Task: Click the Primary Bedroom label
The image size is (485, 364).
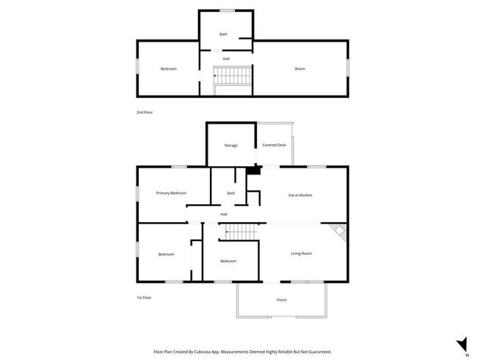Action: (171, 193)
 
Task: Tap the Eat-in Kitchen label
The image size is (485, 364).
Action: (300, 195)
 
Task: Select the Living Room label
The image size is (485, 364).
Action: (302, 253)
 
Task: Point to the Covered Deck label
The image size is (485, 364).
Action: (274, 145)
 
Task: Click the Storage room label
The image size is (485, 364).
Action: (230, 145)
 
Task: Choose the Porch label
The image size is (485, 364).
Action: (281, 300)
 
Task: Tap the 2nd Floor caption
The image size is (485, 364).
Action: (145, 112)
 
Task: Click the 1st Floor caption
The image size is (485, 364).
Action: (144, 297)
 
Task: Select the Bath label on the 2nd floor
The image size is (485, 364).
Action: (224, 34)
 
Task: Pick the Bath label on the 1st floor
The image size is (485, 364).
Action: (230, 193)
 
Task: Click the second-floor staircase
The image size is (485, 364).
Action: (230, 76)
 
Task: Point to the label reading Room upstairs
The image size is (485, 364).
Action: (300, 69)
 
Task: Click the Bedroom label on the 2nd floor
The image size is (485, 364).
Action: (168, 69)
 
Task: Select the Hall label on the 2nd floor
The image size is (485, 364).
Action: (226, 58)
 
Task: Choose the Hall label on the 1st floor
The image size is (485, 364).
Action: (224, 214)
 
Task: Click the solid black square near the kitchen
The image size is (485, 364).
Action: (255, 171)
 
